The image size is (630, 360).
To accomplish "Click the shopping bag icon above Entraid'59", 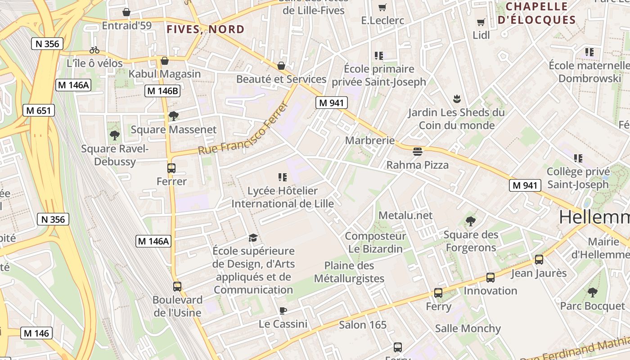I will point(126,12).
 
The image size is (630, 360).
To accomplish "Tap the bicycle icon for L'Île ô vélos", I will point(94,50).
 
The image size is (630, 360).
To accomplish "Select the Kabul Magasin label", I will point(165,74).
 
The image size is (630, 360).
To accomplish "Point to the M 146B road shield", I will point(162,91).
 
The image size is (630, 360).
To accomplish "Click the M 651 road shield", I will point(39,110).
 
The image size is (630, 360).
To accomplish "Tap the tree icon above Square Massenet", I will point(173,116).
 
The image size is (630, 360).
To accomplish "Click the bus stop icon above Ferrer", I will point(171,168).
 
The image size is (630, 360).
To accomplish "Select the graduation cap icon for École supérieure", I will point(253,238).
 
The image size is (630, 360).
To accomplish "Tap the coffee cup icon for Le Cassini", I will point(283,310).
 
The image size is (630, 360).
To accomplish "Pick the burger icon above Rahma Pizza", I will point(417,152).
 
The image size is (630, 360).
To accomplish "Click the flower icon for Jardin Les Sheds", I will point(457,99).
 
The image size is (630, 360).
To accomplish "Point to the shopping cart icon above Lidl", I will point(481,22).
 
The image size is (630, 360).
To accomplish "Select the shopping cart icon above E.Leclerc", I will point(382,7).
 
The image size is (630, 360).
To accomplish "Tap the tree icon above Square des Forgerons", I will point(471,221).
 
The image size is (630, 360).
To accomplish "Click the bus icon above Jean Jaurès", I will point(539,259).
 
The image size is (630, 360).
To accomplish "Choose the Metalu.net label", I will point(405,216).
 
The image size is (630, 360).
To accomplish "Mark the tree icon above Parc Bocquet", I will point(592,292).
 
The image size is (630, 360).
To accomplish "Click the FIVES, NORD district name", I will point(206,30).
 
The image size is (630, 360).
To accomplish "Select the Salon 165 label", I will point(363,324).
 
